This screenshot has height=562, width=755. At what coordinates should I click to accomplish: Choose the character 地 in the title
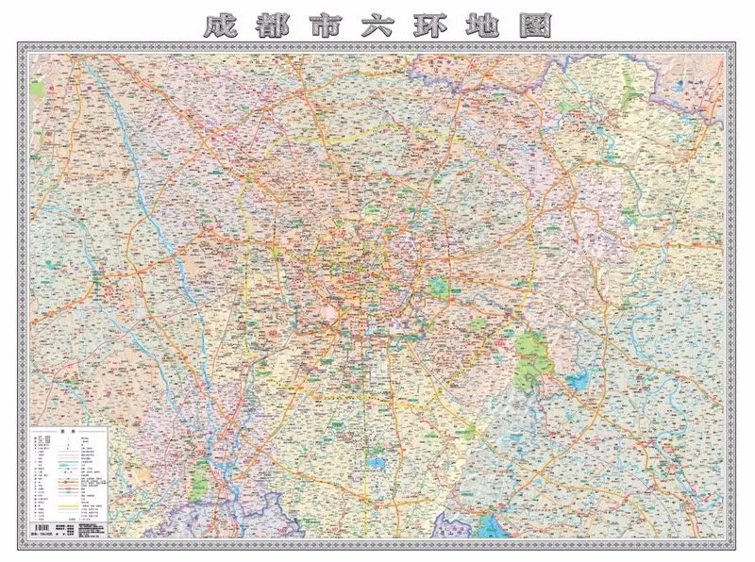point(485,25)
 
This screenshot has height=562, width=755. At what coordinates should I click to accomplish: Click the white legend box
point(71,480)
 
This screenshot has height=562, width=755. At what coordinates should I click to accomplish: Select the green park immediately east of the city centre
point(436,287)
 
